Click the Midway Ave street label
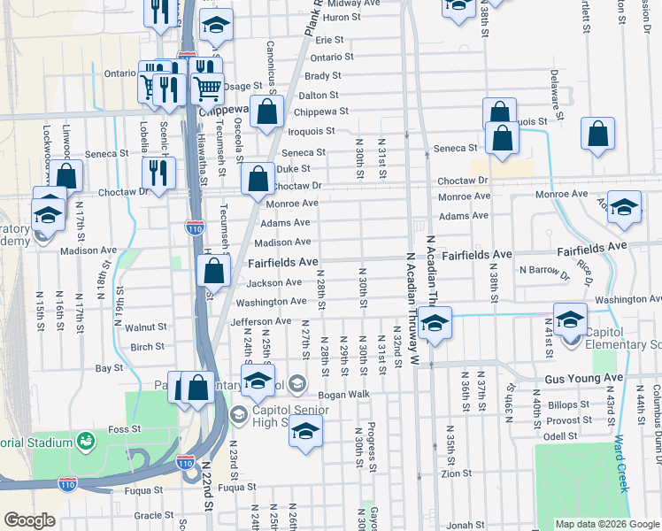(x=354, y=4)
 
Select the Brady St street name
(x=323, y=76)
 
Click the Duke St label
(x=293, y=168)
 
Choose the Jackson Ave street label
(x=274, y=283)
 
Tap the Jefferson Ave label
(x=260, y=321)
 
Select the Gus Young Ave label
(x=584, y=378)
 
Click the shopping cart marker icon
(x=206, y=86)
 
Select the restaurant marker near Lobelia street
(x=158, y=173)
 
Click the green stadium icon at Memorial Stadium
(x=86, y=440)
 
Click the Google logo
(x=29, y=520)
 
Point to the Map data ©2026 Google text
(x=608, y=524)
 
